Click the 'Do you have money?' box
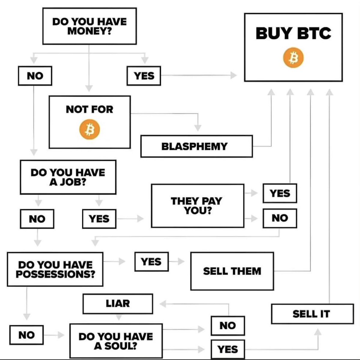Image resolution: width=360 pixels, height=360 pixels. pyautogui.click(x=89, y=26)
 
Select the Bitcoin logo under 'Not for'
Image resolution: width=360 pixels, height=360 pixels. pyautogui.click(x=89, y=130)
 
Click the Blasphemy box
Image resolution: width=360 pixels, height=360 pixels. pyautogui.click(x=196, y=146)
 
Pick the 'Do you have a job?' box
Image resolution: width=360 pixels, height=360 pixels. pyautogui.click(x=68, y=177)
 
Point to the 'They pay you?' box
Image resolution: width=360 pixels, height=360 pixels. pyautogui.click(x=197, y=206)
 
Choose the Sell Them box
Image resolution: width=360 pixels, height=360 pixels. pyautogui.click(x=232, y=271)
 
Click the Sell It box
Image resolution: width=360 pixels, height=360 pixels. pyautogui.click(x=312, y=314)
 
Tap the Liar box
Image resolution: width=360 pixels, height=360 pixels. pyautogui.click(x=118, y=304)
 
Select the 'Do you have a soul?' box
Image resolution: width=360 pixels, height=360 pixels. pyautogui.click(x=116, y=341)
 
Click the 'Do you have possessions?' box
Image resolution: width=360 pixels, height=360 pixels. pyautogui.click(x=55, y=269)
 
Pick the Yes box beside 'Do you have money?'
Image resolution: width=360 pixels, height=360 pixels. pyautogui.click(x=144, y=76)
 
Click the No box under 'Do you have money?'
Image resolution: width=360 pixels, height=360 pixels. pyautogui.click(x=35, y=76)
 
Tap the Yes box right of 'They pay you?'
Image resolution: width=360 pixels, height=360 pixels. pyautogui.click(x=280, y=193)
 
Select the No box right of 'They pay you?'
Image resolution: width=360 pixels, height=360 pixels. pyautogui.click(x=280, y=218)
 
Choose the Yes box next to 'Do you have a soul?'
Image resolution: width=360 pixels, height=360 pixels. pyautogui.click(x=228, y=349)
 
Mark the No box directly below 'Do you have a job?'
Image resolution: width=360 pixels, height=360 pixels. pyautogui.click(x=37, y=219)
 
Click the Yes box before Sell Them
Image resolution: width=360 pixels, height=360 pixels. pyautogui.click(x=151, y=262)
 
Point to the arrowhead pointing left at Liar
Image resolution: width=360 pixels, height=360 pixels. pyautogui.click(x=163, y=304)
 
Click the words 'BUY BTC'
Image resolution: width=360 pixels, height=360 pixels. pyautogui.click(x=293, y=33)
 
